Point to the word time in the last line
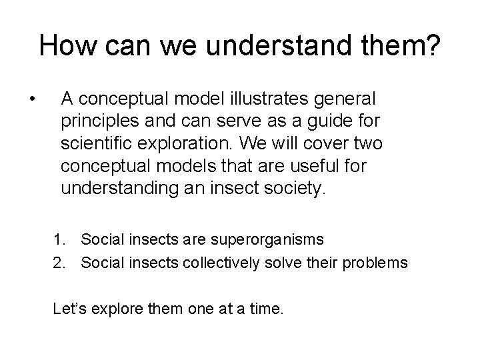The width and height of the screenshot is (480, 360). pyautogui.click(x=262, y=309)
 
